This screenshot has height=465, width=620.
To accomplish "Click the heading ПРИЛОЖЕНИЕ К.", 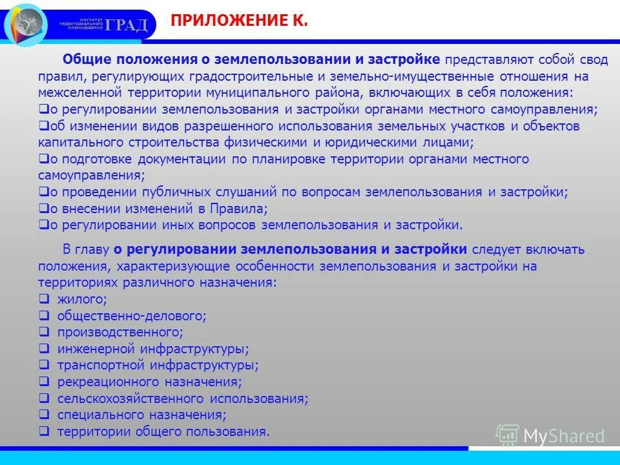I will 240,21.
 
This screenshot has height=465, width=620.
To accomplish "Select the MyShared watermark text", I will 564,436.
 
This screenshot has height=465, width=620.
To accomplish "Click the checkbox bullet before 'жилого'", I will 44,299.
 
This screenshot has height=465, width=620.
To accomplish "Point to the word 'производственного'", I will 119,333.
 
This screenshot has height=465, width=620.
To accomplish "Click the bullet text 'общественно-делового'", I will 131,316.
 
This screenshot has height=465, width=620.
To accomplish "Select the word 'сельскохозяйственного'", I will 129,398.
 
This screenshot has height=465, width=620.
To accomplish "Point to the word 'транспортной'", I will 95,366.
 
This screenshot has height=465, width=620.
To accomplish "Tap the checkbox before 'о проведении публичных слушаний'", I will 44,192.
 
